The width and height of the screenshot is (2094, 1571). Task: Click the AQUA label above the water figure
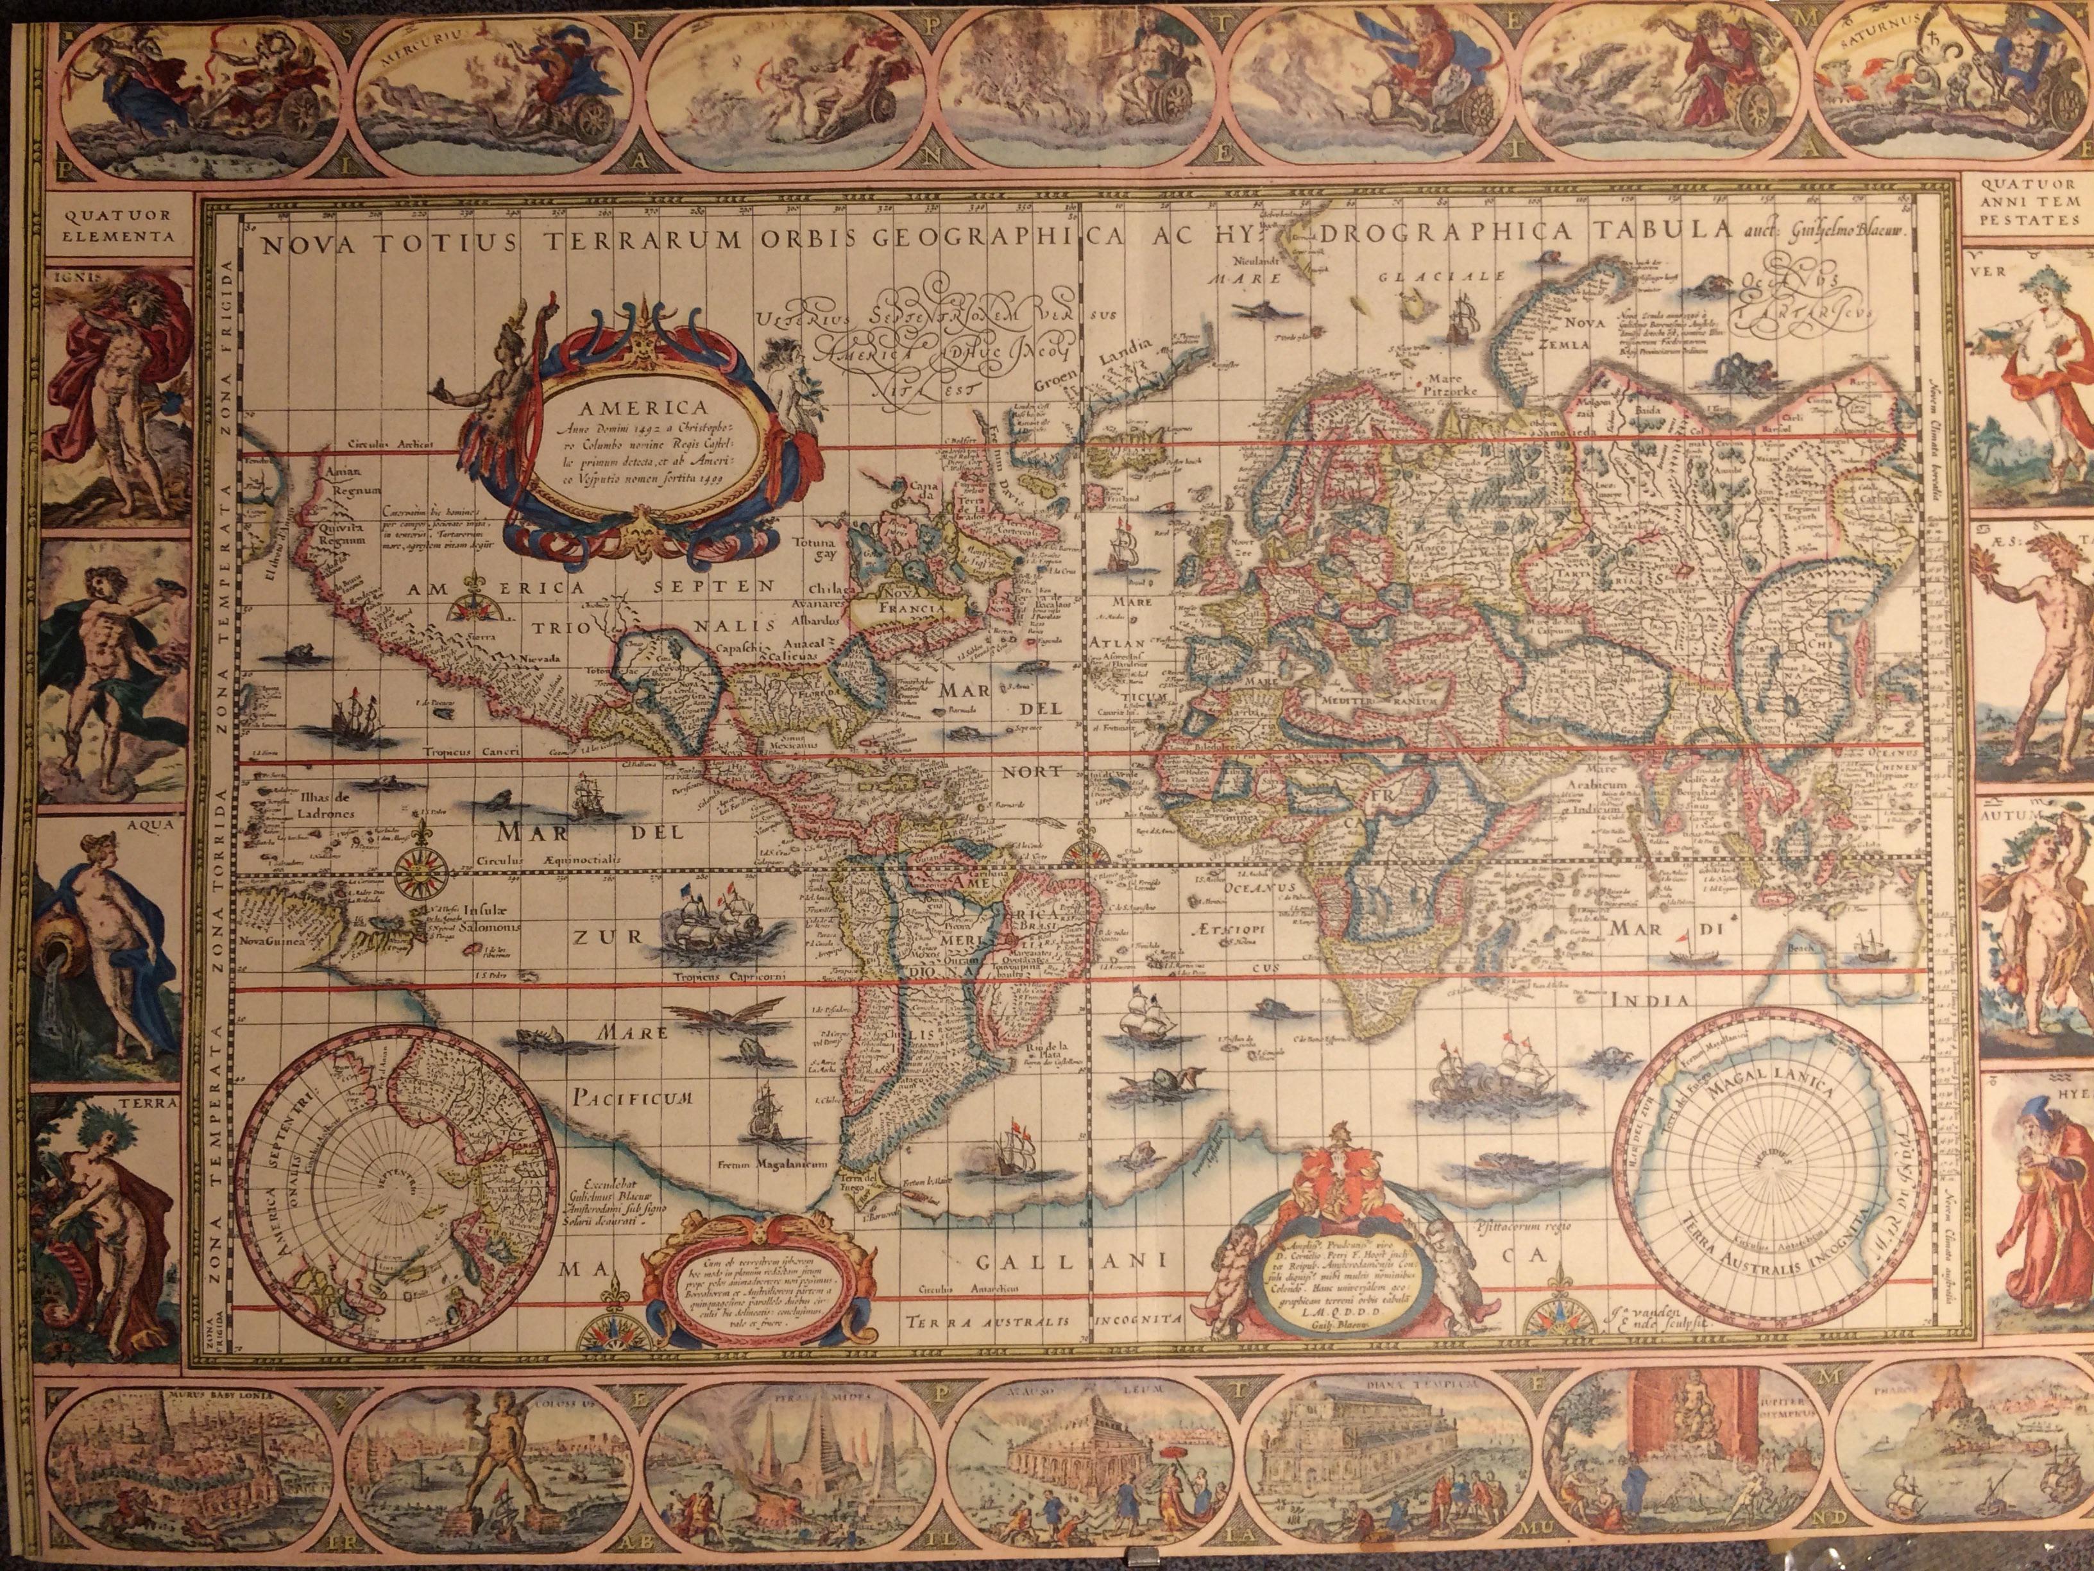[155, 824]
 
